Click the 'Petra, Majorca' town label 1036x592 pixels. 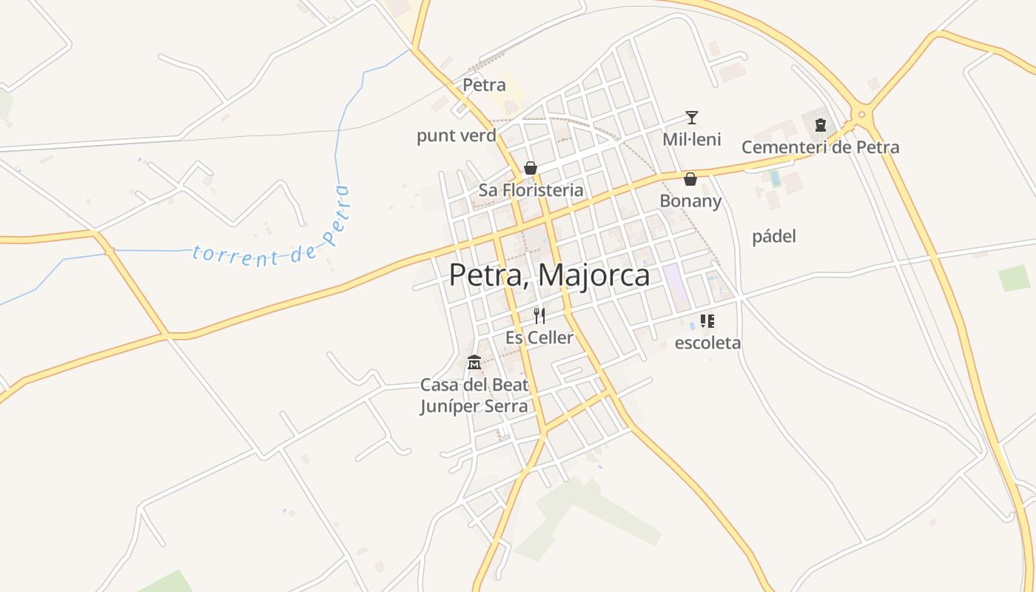[549, 275]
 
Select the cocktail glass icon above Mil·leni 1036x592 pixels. [692, 117]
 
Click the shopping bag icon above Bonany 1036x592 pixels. [690, 179]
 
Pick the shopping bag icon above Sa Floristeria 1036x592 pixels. [531, 168]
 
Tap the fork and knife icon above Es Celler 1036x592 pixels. [539, 316]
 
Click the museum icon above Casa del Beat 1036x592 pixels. [474, 363]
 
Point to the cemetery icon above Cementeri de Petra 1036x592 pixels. [820, 125]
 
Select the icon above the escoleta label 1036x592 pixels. [707, 321]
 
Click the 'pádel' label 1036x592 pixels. [774, 237]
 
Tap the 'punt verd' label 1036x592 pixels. [457, 136]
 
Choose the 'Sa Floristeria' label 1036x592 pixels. [531, 190]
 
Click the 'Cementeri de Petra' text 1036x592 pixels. [820, 147]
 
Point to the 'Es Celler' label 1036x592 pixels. [539, 338]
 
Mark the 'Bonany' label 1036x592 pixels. [690, 201]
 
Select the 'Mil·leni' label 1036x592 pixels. [692, 140]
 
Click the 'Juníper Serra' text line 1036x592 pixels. [474, 406]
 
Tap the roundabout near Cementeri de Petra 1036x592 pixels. [861, 115]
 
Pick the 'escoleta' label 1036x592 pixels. [707, 343]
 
